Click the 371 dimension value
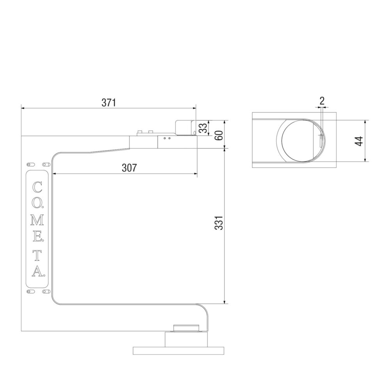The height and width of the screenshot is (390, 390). pos(109,103)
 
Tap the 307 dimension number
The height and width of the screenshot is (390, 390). pos(129,168)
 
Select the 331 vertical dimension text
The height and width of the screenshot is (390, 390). pos(219,223)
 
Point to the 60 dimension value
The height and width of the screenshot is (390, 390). pos(219,135)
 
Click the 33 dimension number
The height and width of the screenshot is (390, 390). pos(203,128)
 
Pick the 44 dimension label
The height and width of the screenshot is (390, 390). pos(359,141)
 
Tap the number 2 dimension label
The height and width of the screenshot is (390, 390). pos(322,101)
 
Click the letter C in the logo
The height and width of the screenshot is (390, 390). pos(37,187)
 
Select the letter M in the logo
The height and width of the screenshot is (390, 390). pos(37,220)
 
